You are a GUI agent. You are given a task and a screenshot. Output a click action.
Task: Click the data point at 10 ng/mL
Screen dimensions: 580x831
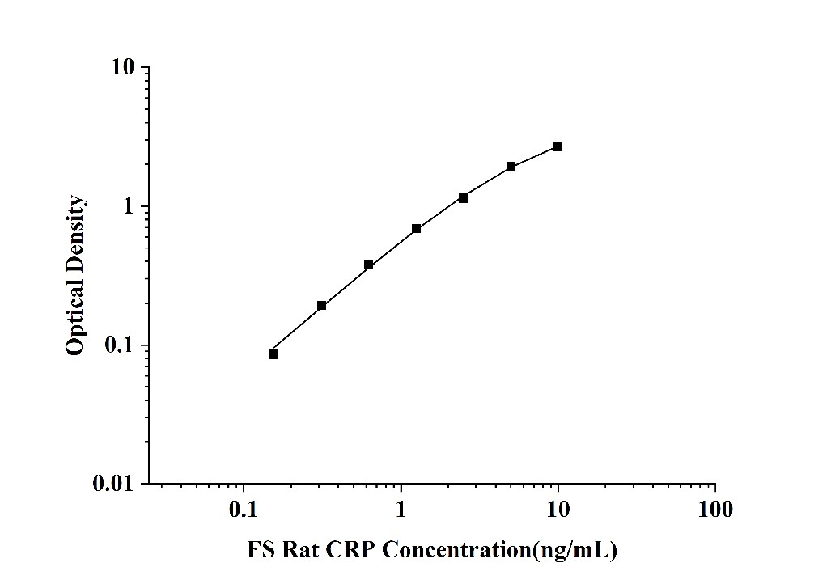558,146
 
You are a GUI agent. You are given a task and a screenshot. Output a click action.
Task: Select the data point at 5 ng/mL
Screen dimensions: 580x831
511,166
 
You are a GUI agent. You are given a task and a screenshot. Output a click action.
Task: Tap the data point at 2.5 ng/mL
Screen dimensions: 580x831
463,197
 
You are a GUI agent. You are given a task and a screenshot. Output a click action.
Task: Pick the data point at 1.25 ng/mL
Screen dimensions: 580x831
416,229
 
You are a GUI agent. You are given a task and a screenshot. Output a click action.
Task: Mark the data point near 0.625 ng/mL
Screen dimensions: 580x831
369,265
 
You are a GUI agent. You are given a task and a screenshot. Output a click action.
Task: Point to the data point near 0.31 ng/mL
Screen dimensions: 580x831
321,305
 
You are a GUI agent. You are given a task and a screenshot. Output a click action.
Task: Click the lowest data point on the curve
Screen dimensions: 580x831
273,354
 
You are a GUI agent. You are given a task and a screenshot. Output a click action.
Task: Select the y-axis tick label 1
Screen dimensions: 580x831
129,207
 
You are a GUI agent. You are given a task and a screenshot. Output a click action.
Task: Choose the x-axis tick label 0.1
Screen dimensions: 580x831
244,510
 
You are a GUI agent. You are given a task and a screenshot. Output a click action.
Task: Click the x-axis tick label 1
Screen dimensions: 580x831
401,510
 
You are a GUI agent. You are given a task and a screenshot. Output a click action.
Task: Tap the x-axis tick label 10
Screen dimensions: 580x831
558,510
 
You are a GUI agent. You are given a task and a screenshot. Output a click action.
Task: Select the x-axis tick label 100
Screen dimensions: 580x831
714,510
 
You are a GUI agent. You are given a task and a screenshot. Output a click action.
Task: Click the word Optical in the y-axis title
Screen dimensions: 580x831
74,314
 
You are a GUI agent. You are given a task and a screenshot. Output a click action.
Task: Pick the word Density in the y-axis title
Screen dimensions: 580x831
74,231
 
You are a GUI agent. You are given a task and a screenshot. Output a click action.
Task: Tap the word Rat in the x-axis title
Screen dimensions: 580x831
299,551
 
